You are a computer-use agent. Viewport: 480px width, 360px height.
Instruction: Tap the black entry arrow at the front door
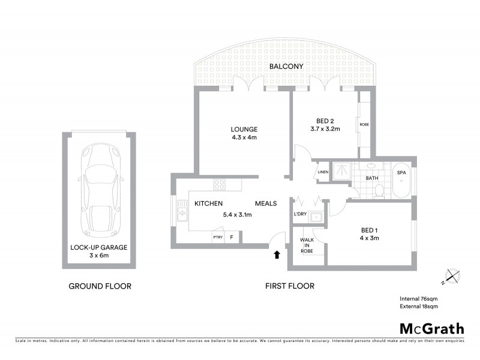coord(277,254)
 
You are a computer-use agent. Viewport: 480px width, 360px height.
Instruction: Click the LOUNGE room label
coord(244,129)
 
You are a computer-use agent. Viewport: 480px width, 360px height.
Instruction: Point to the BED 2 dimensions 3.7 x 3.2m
coord(325,129)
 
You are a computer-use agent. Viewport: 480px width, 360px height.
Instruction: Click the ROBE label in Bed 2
coord(364,125)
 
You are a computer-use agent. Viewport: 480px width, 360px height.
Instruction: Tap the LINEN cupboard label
coord(323,172)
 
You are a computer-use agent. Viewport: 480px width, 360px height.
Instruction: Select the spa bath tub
coord(401,180)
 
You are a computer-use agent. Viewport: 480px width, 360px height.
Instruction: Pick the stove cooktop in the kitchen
coord(220,185)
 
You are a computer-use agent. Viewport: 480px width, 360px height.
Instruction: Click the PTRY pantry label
coord(217,238)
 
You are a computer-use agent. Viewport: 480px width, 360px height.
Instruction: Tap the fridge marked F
coord(232,238)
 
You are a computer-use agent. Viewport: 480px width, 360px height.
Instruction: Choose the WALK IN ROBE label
coord(307,245)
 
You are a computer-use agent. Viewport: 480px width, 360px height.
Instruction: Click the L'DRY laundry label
coord(300,215)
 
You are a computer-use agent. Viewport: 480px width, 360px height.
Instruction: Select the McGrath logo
coord(432,328)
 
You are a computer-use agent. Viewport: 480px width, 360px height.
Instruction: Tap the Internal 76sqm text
coord(419,298)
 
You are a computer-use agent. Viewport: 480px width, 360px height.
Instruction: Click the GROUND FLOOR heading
coord(100,286)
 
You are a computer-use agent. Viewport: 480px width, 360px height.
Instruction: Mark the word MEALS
coord(266,204)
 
